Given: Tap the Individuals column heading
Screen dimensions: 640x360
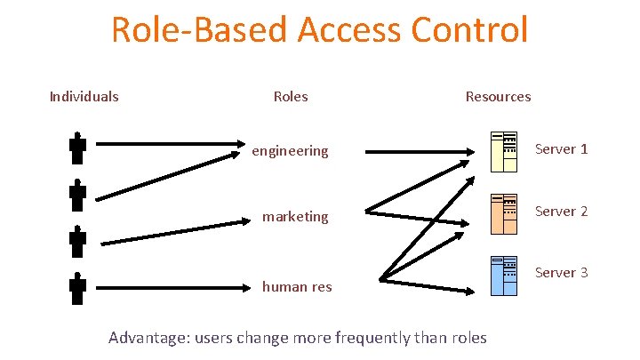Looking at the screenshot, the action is coord(84,96).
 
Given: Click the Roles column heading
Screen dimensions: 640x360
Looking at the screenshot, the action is coord(291,96).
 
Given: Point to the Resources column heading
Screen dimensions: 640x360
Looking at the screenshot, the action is coord(498,96).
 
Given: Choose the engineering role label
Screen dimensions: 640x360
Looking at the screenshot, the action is coord(290,151).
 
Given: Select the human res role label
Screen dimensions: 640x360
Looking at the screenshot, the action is coord(296,286).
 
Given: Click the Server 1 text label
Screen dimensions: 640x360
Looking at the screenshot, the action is coord(561,148).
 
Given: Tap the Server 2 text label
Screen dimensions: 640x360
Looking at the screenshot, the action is coord(561,211).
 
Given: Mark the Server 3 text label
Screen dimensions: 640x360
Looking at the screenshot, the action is coord(561,272).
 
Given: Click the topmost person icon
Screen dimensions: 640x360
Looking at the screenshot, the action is coord(78,148).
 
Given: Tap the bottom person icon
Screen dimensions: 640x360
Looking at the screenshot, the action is coord(78,289).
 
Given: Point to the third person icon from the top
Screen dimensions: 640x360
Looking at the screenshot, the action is coord(78,241).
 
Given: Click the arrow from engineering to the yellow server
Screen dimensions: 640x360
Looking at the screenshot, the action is coord(418,151).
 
